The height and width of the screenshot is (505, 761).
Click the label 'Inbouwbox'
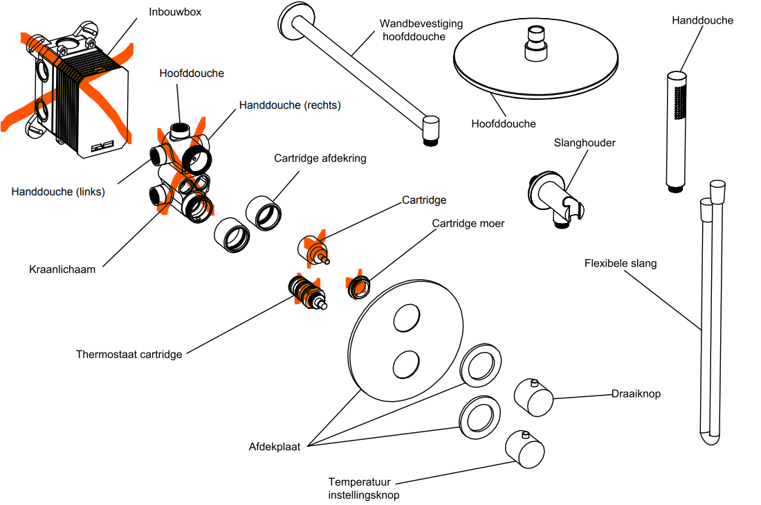pyautogui.click(x=175, y=12)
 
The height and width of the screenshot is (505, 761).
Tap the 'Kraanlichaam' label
pyautogui.click(x=62, y=269)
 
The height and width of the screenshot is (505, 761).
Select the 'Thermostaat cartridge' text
pyautogui.click(x=129, y=355)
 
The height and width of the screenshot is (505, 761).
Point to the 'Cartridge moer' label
pyautogui.click(x=468, y=224)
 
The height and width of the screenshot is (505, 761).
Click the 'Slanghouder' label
pyautogui.click(x=585, y=143)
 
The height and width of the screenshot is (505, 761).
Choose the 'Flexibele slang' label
pyautogui.click(x=621, y=263)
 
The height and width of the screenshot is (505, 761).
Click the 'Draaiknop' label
pyautogui.click(x=636, y=393)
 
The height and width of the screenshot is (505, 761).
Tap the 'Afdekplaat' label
pyautogui.click(x=275, y=447)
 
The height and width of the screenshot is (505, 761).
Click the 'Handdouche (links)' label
pyautogui.click(x=58, y=192)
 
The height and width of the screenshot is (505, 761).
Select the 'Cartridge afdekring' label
pyautogui.click(x=320, y=158)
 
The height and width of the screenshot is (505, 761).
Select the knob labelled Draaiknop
pyautogui.click(x=533, y=396)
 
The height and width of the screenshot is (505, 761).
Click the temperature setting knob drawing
pyautogui.click(x=524, y=450)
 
